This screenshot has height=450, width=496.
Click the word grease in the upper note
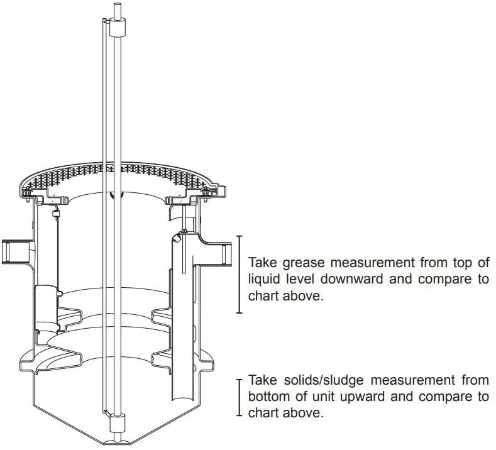[301, 262]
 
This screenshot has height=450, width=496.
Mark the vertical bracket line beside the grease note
[239, 274]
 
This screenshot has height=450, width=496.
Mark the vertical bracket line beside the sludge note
[239, 397]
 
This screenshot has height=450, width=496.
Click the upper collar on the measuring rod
[117, 28]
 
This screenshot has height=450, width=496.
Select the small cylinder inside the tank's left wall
[45, 308]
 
